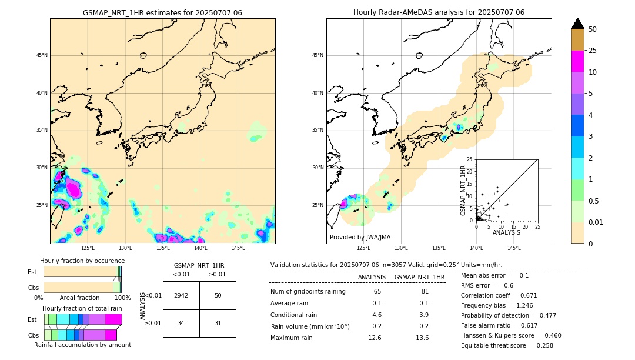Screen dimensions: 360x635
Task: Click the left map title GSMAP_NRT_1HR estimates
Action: click(x=162, y=12)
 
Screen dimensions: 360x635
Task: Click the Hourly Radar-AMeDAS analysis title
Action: click(x=439, y=12)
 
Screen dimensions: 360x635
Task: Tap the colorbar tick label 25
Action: click(x=593, y=51)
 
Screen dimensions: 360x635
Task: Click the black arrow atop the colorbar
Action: click(x=578, y=24)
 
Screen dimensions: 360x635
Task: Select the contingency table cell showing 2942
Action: click(x=181, y=295)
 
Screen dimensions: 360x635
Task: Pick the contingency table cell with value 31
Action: click(x=218, y=323)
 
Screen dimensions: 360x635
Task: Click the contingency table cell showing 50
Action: click(x=218, y=295)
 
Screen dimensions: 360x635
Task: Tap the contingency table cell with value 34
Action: click(x=181, y=323)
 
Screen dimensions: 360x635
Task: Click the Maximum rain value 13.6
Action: click(x=422, y=338)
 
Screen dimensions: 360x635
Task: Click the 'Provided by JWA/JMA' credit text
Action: click(x=360, y=237)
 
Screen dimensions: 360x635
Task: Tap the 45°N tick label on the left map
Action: click(x=42, y=55)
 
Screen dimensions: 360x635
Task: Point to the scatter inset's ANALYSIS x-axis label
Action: click(x=506, y=232)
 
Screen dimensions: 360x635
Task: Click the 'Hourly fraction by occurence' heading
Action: click(x=82, y=261)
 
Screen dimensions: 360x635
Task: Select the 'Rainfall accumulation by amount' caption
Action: click(x=82, y=345)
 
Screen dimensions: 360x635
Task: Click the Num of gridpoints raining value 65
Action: click(x=377, y=291)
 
